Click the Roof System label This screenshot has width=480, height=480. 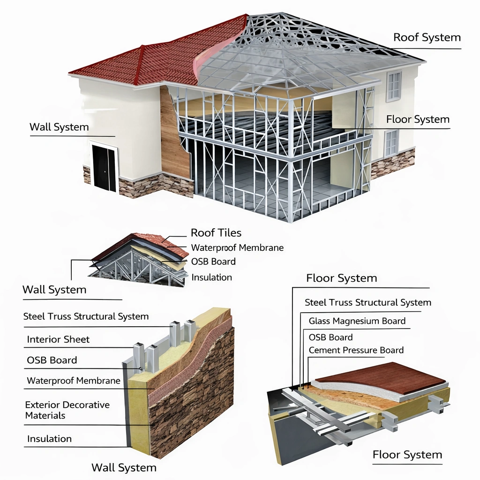click(427, 37)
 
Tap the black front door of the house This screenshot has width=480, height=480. click(104, 167)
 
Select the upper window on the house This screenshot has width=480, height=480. click(393, 86)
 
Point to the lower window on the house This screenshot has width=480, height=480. click(391, 143)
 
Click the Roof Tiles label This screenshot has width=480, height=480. click(216, 233)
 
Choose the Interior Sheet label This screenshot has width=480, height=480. click(58, 339)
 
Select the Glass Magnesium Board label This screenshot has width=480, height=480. click(357, 321)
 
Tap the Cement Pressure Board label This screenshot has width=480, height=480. click(356, 350)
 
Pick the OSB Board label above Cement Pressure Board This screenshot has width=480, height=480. click(330, 337)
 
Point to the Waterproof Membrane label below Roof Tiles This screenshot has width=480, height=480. click(237, 247)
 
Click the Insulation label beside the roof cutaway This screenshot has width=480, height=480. click(211, 277)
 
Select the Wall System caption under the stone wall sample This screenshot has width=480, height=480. click(124, 467)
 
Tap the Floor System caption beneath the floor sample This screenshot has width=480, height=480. click(407, 455)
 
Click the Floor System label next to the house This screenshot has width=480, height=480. click(418, 120)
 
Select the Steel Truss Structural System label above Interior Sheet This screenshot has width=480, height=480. click(86, 317)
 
